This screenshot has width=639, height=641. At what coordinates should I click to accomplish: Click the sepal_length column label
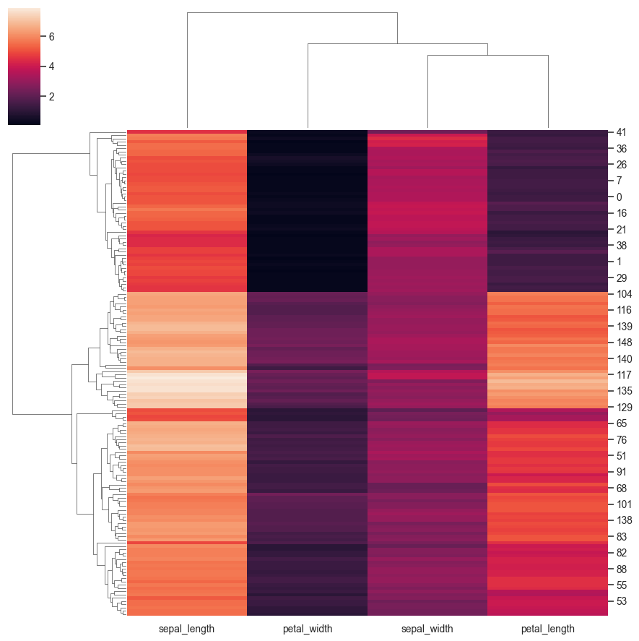(187, 629)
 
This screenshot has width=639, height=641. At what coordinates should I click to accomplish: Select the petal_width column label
(308, 629)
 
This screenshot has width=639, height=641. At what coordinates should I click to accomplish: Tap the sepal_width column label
(428, 629)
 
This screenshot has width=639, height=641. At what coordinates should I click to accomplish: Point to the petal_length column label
(548, 629)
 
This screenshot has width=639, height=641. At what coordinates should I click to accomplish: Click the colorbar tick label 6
(51, 36)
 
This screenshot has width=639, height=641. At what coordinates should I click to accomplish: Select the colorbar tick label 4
(51, 66)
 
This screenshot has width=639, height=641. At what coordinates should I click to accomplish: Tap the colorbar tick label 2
(51, 96)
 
